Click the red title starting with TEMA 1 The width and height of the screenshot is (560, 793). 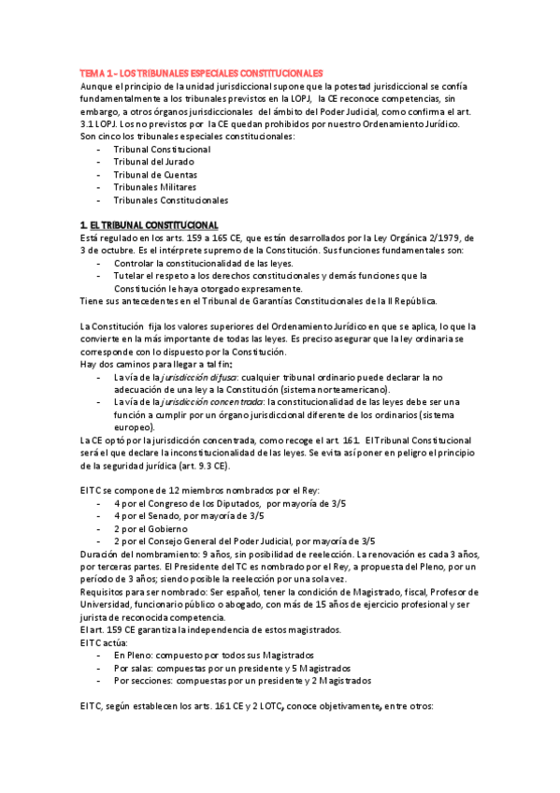(x=201, y=73)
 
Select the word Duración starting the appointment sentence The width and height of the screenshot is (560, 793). (x=102, y=554)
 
